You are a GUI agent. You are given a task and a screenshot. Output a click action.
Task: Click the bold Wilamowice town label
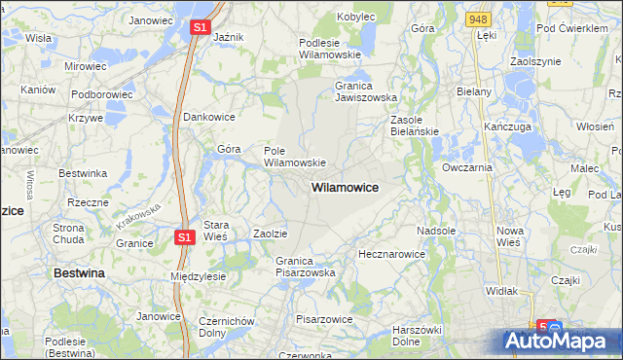click(345, 186)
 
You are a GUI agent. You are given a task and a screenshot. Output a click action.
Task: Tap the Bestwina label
click(79, 274)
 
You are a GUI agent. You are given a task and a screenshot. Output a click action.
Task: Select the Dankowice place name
click(210, 117)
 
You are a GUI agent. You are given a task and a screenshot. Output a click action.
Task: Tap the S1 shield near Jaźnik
click(200, 28)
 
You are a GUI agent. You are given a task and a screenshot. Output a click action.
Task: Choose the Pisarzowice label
click(325, 318)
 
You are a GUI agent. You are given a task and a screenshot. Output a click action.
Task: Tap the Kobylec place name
click(356, 17)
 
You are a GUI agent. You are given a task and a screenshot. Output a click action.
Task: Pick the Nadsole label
click(436, 231)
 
